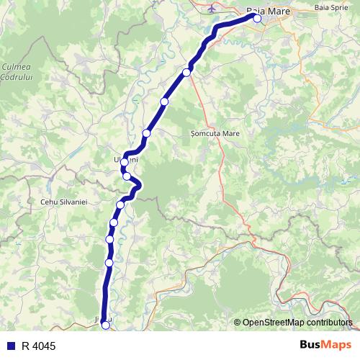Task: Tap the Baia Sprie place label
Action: click(x=331, y=7)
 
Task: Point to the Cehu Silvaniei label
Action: click(x=63, y=204)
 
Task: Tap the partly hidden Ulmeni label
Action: click(x=126, y=159)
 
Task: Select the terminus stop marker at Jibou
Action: click(x=106, y=326)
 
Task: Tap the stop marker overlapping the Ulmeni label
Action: click(x=125, y=162)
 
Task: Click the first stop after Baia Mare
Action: click(x=187, y=72)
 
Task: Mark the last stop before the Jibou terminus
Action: click(x=109, y=263)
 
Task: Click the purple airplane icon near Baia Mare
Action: click(x=210, y=9)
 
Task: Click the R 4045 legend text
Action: click(x=38, y=346)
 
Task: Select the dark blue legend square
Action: click(x=11, y=346)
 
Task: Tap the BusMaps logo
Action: click(x=325, y=346)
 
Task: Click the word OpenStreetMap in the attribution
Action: click(x=272, y=323)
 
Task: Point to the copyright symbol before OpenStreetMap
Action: click(x=238, y=323)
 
